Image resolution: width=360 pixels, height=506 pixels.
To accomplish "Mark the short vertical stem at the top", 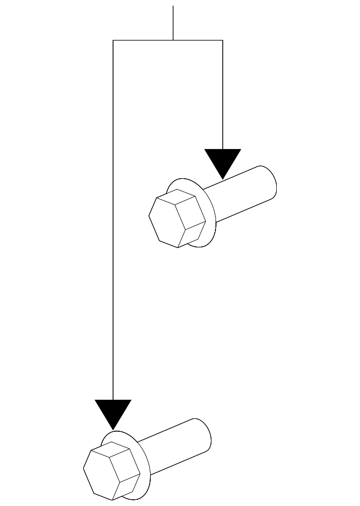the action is click(x=173, y=22).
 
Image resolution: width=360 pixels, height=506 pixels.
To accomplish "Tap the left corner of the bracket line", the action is click(x=113, y=40).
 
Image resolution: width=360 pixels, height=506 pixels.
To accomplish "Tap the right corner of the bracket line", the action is click(x=223, y=40).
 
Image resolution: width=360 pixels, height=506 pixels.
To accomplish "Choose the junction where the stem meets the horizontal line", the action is click(x=173, y=40).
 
